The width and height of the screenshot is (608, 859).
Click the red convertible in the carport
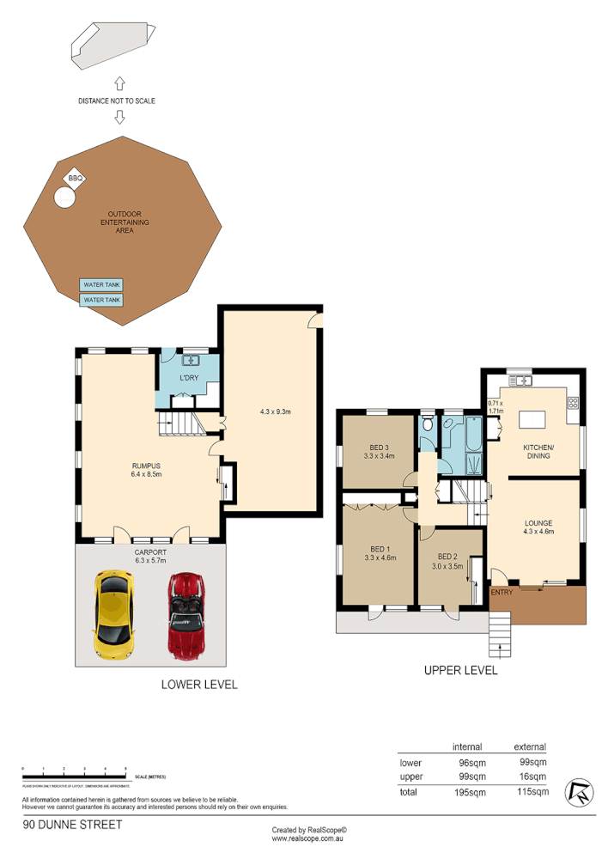click(x=183, y=616)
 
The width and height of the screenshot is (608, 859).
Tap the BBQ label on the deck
click(x=75, y=179)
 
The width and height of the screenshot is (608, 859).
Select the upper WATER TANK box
click(x=101, y=285)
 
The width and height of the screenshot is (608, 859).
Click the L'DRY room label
click(x=188, y=379)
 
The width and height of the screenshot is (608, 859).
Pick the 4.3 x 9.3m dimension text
click(x=276, y=411)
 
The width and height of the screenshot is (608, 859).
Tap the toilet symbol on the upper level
click(x=428, y=424)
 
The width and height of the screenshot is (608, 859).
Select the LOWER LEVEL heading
click(x=199, y=685)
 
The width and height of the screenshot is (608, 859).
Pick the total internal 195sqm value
click(x=470, y=792)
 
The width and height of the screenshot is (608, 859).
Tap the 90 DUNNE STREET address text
click(x=72, y=825)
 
